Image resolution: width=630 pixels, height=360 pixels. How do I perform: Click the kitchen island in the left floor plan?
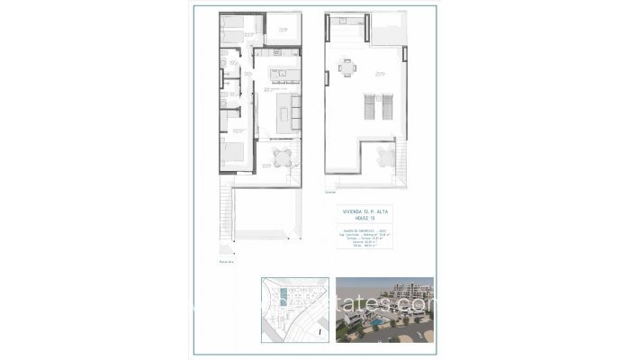(277, 74)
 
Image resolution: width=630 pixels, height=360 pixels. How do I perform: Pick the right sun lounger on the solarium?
(385, 110)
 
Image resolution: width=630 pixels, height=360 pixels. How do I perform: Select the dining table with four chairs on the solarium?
(346, 67)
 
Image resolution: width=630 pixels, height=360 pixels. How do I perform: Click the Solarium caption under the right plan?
(330, 192)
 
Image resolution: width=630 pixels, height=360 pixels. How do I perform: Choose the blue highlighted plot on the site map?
(285, 295)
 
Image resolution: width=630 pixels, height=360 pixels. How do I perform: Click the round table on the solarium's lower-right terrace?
(386, 158)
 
